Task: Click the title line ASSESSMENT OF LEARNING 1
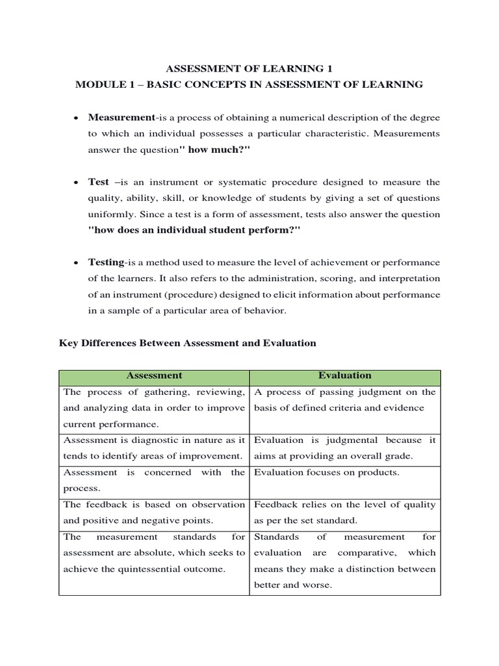(x=249, y=68)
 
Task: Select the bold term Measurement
(x=121, y=117)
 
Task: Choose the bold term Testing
(x=106, y=262)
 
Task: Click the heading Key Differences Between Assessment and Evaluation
(x=187, y=343)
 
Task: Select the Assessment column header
(x=154, y=376)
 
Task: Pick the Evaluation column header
(x=345, y=376)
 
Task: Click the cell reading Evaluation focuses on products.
(x=326, y=473)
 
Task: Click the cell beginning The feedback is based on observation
(x=154, y=513)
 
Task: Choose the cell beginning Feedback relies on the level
(x=345, y=513)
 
